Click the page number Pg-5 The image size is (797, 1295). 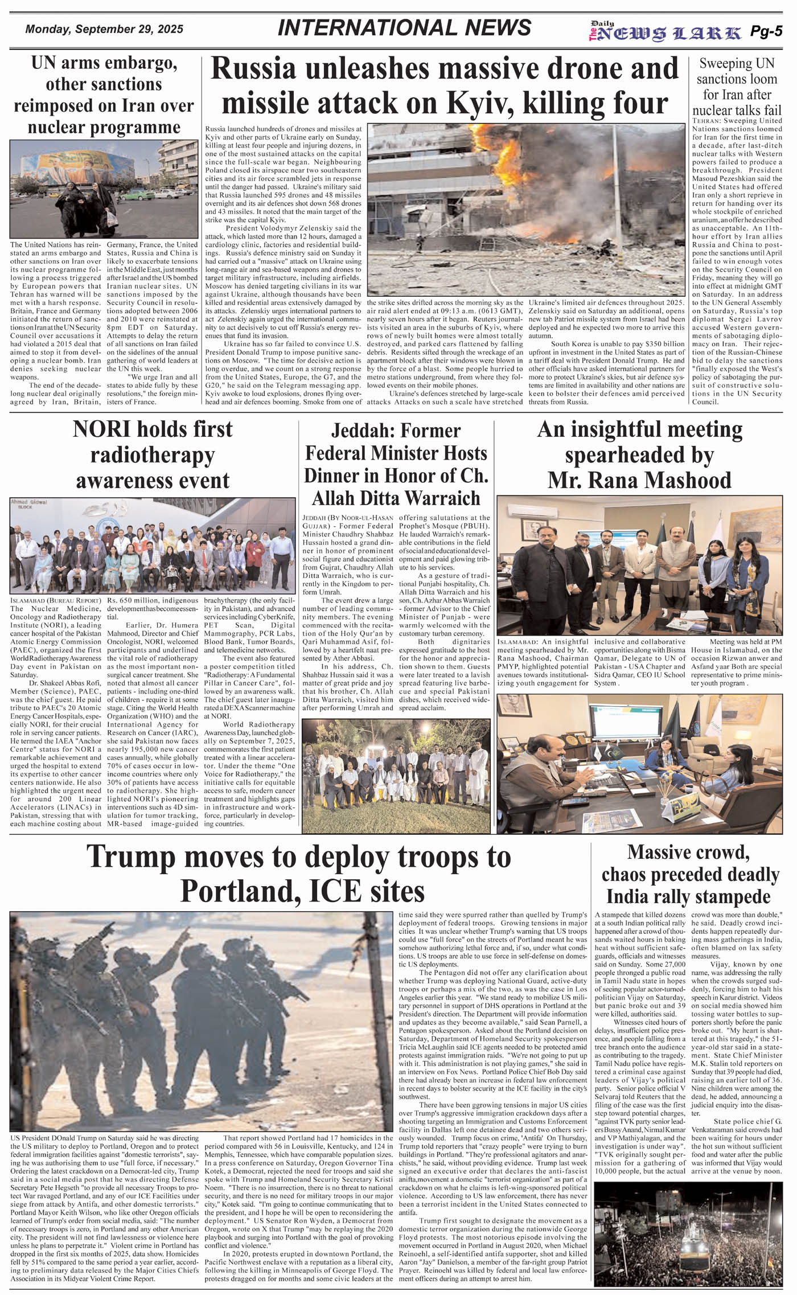coord(766,32)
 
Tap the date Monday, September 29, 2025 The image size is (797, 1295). coord(104,30)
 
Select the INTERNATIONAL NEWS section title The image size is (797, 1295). coord(404,28)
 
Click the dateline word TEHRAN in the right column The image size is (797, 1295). coord(707,121)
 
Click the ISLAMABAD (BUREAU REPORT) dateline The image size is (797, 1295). coord(56,600)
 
